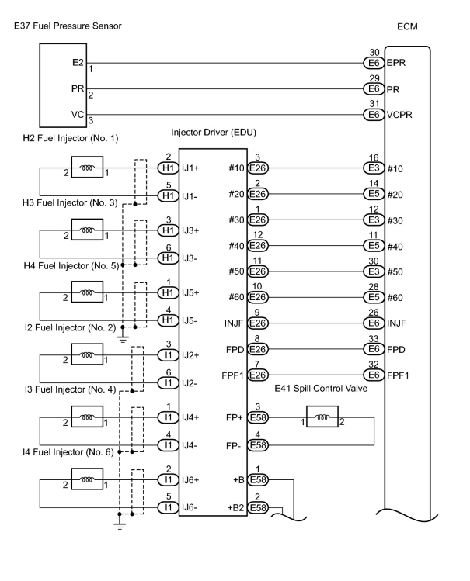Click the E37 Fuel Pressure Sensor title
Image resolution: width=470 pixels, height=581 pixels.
(68, 26)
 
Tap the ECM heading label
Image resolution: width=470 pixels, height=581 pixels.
(407, 27)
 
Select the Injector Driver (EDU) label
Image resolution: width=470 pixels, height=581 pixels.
(213, 132)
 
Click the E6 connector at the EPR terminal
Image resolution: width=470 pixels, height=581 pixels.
(374, 63)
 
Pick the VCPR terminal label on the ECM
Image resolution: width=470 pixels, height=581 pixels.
(399, 115)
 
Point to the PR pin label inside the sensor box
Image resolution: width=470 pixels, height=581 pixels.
(78, 89)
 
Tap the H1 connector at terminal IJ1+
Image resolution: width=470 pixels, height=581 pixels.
(168, 168)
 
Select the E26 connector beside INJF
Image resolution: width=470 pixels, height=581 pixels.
(258, 323)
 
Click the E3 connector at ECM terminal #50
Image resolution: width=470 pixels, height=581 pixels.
(374, 271)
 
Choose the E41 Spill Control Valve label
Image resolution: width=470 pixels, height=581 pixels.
(321, 389)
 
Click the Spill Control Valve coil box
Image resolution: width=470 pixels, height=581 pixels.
(322, 417)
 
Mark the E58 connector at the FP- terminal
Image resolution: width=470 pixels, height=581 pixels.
(258, 445)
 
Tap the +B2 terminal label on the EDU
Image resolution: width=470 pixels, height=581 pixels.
(236, 508)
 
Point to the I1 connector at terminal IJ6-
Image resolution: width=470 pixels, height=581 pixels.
(168, 507)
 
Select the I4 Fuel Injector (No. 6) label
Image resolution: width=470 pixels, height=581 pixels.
(68, 452)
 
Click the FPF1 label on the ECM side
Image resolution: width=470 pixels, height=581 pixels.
(398, 375)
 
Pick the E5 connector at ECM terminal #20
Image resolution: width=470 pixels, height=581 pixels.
(374, 194)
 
